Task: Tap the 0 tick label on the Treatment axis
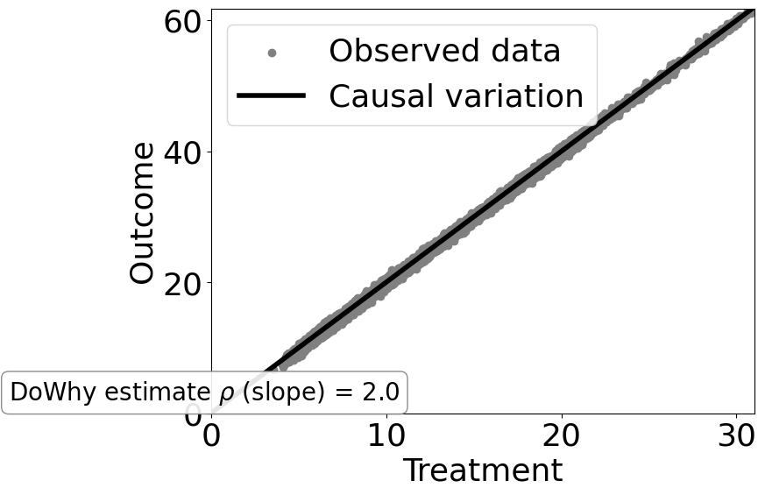click(x=211, y=436)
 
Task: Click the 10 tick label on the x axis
click(x=386, y=436)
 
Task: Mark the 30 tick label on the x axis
click(x=737, y=436)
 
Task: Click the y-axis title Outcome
click(x=142, y=213)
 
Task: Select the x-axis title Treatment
click(x=482, y=471)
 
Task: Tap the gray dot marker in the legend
click(x=272, y=53)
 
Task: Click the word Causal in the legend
click(x=379, y=96)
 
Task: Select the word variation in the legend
click(x=512, y=96)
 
